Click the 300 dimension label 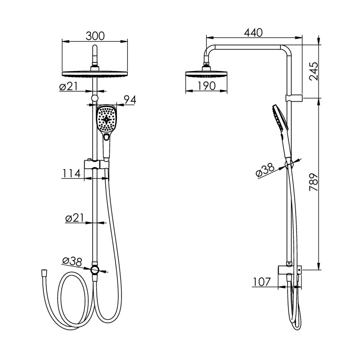tap(95, 36)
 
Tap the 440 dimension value tap(253, 32)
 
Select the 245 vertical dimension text tap(314, 71)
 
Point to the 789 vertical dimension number tap(314, 182)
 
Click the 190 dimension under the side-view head tap(206, 86)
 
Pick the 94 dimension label tap(130, 100)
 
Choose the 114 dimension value tap(71, 173)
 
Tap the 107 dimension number tap(262, 282)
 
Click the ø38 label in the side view tap(265, 170)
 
